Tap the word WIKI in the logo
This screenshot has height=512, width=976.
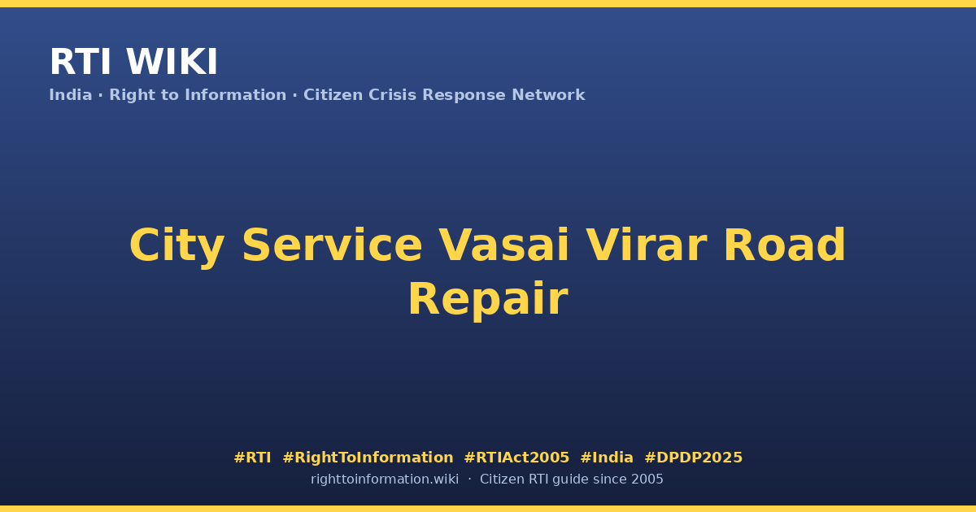[172, 62]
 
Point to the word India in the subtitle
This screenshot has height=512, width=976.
[71, 95]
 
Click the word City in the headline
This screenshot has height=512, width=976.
[177, 246]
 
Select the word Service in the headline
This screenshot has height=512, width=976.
[332, 245]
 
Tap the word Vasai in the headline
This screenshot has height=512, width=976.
[503, 245]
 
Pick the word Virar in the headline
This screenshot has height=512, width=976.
[646, 245]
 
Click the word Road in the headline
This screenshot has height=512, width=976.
[785, 245]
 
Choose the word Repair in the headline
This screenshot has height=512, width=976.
[488, 300]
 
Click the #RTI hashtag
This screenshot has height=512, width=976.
[252, 458]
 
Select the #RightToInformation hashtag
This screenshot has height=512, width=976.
[368, 458]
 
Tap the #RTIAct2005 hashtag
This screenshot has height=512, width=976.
[516, 458]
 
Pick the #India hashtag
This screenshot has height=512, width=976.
[607, 458]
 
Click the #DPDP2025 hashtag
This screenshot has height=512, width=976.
[693, 458]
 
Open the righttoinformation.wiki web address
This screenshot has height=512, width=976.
[385, 479]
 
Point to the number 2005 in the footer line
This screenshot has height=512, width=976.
[647, 479]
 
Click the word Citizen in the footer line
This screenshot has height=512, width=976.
[502, 479]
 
